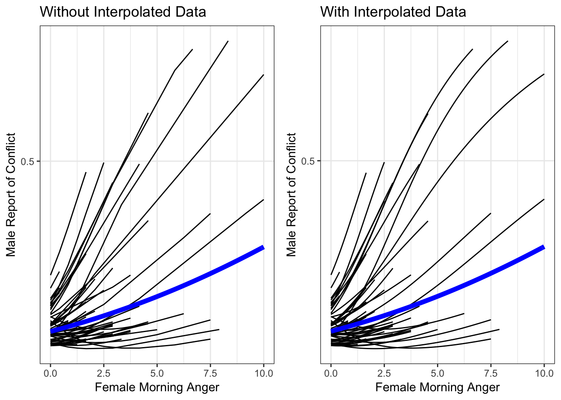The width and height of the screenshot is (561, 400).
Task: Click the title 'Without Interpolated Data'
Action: point(123,12)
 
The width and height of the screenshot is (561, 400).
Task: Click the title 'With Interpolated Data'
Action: point(393,12)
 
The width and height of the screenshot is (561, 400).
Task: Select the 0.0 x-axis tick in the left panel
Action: point(51,373)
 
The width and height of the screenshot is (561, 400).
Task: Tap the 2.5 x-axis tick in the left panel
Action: point(104,373)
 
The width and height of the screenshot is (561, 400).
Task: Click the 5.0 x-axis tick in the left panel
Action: point(157,373)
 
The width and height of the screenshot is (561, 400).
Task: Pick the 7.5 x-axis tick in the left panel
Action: point(210,373)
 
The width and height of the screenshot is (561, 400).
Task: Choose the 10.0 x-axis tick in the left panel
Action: point(263,373)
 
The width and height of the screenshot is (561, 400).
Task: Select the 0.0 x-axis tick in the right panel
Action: point(331,373)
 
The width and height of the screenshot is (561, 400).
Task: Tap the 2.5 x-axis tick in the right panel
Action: point(384,373)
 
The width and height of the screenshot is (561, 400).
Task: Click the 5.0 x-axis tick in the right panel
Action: point(437,373)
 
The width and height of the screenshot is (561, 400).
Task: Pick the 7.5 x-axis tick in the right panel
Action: point(490,373)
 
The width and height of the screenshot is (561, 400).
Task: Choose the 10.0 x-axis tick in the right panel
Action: point(544,373)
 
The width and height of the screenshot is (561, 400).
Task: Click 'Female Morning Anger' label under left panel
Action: point(157,387)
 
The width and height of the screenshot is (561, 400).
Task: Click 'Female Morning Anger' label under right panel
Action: point(437,387)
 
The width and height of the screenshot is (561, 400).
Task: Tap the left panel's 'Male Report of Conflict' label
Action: point(11,195)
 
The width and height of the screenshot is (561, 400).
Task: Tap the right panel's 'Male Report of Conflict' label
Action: point(291,195)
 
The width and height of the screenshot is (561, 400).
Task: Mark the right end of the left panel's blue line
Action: point(263,248)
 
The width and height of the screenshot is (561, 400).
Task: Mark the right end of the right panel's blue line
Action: point(544,248)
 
